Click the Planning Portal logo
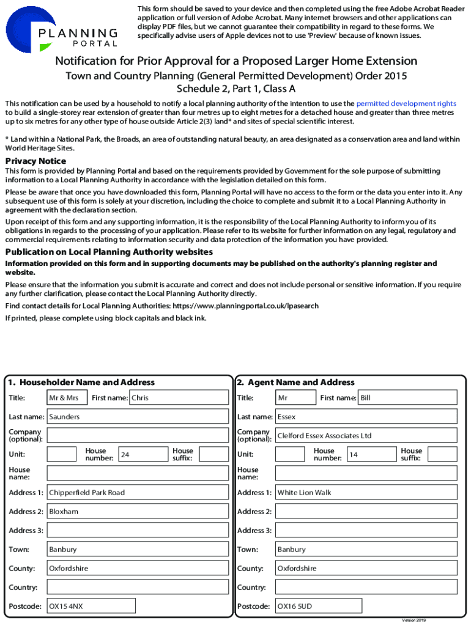pyautogui.click(x=61, y=29)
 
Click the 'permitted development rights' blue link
pyautogui.click(x=406, y=104)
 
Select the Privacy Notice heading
pyautogui.click(x=35, y=161)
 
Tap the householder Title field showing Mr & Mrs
pyautogui.click(x=67, y=398)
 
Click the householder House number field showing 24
pyautogui.click(x=143, y=454)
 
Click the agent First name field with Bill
pyautogui.click(x=407, y=398)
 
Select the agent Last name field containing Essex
pyautogui.click(x=366, y=417)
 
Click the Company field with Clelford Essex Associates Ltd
pyautogui.click(x=366, y=436)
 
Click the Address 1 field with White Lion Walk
pyautogui.click(x=366, y=493)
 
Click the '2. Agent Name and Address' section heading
pyautogui.click(x=296, y=383)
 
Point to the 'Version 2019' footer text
pyautogui.click(x=414, y=620)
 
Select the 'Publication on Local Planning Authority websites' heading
pyautogui.click(x=109, y=252)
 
